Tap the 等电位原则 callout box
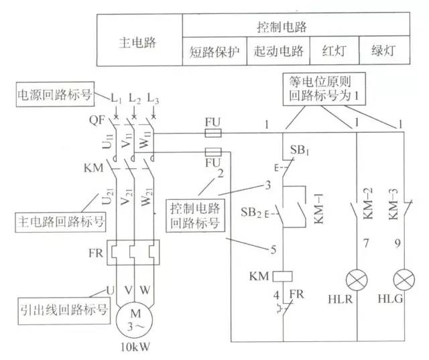(x=326, y=87)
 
